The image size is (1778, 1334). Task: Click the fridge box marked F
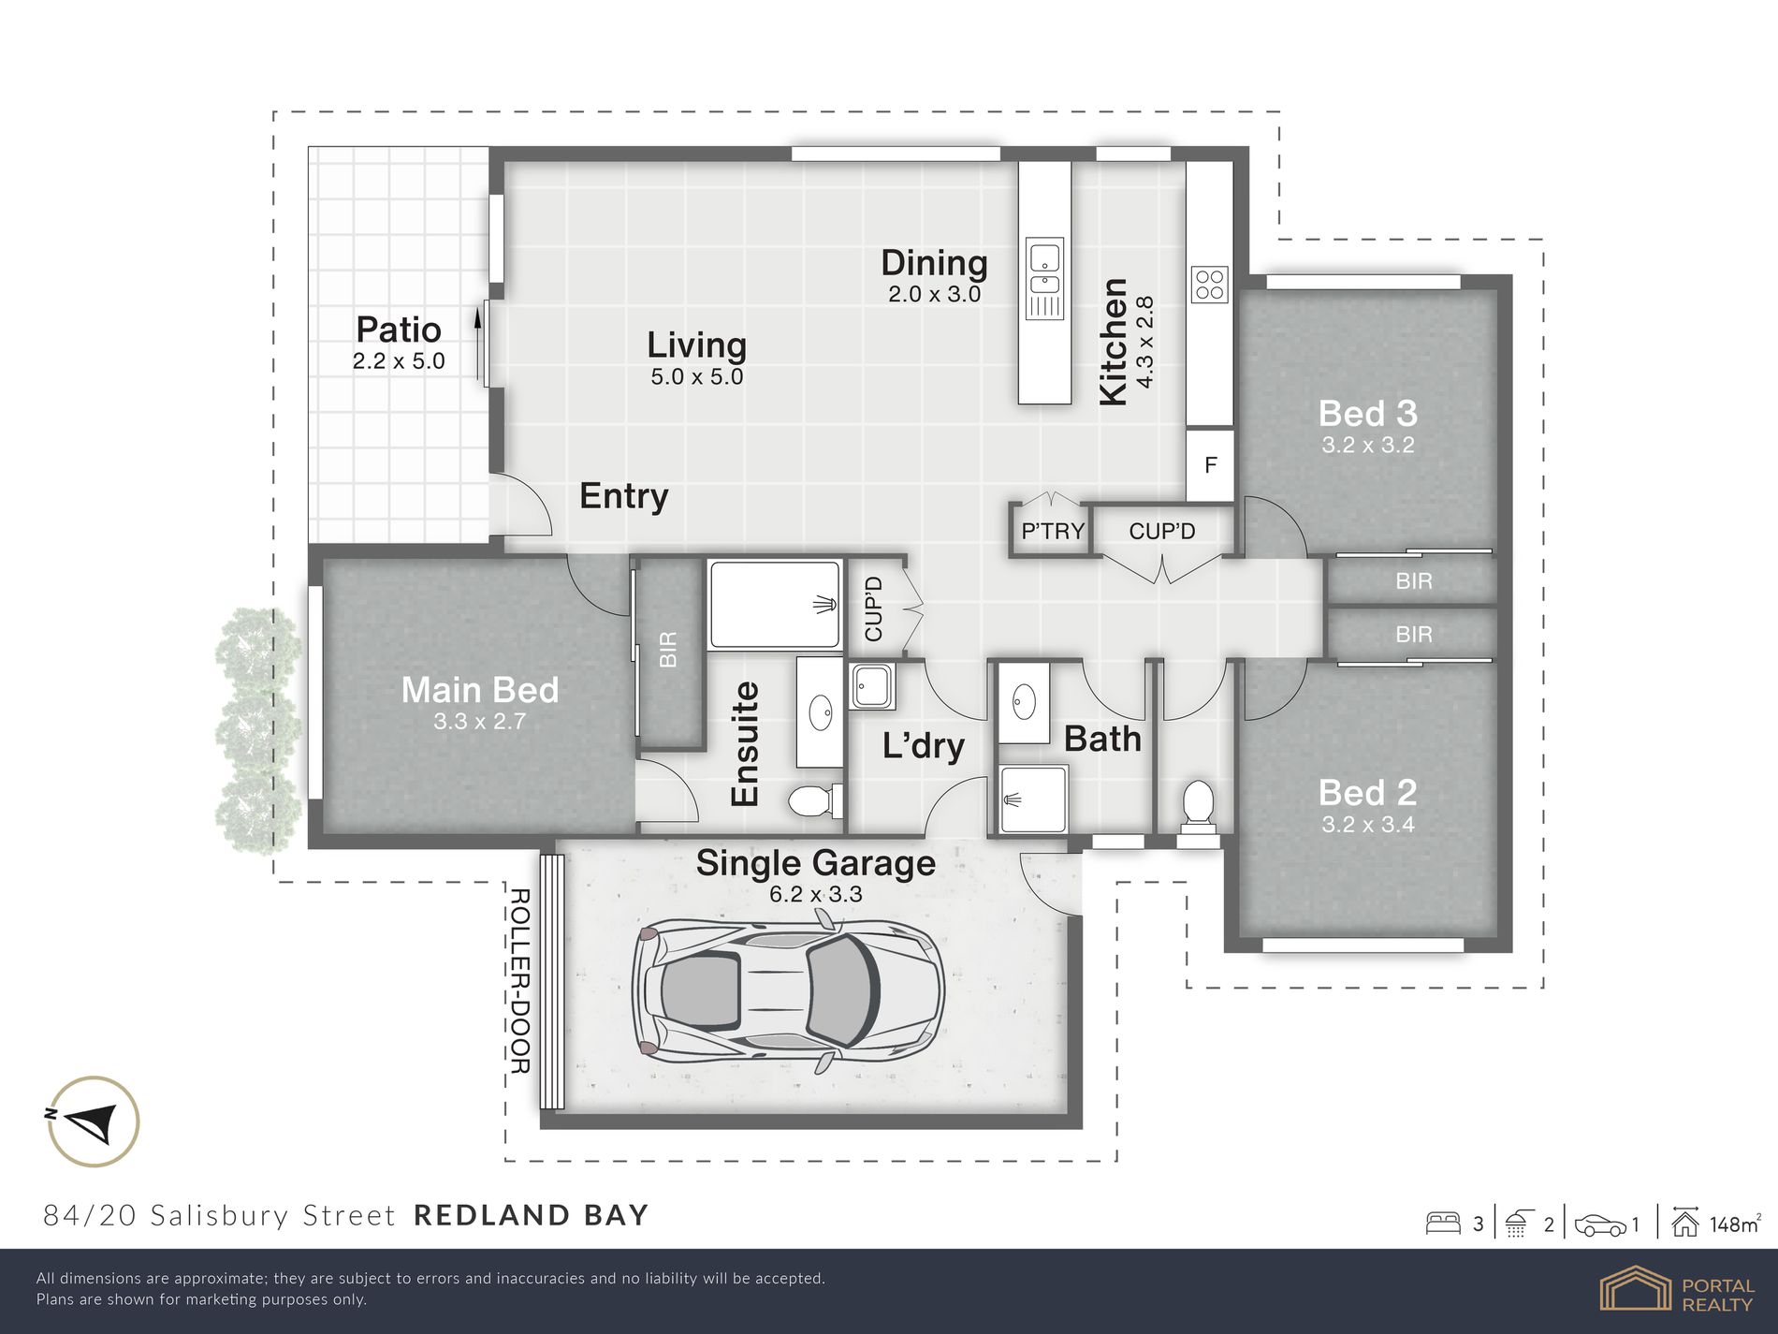(1210, 465)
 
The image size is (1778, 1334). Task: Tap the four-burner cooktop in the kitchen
(1209, 285)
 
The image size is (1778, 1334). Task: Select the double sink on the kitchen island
(1044, 278)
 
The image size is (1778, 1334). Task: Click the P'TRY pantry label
(1053, 532)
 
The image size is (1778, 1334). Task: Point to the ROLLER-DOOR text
(519, 980)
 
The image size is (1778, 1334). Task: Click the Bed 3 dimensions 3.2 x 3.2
(1367, 446)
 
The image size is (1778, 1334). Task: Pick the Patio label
(399, 330)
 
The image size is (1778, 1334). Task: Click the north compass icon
(94, 1121)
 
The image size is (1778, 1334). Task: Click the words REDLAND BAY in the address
(531, 1215)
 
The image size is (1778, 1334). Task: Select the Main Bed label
(479, 690)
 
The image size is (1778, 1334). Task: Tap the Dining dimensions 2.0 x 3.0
(934, 294)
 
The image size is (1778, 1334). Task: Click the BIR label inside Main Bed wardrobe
(668, 650)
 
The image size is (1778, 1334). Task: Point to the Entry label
(623, 496)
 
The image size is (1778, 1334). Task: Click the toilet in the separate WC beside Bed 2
(1197, 807)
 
